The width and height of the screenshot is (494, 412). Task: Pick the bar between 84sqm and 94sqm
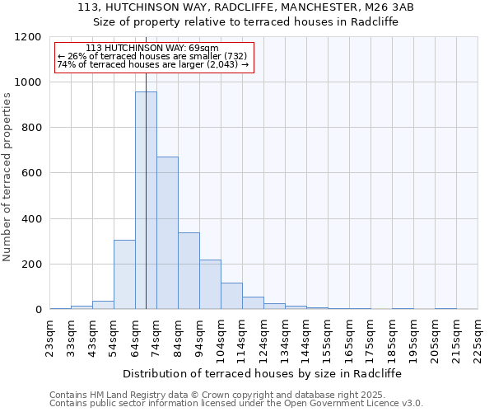[x=189, y=271]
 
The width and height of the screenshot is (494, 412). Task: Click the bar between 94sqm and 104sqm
[x=210, y=284]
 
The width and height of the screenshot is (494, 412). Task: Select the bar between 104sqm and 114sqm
[x=231, y=296]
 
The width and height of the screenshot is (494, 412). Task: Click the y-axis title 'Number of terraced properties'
[x=7, y=177]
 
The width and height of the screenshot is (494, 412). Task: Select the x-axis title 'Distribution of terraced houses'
[x=263, y=373]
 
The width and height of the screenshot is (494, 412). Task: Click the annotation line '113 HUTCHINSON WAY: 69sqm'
[x=152, y=49]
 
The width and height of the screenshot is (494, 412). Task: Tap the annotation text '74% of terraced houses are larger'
[x=152, y=64]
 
